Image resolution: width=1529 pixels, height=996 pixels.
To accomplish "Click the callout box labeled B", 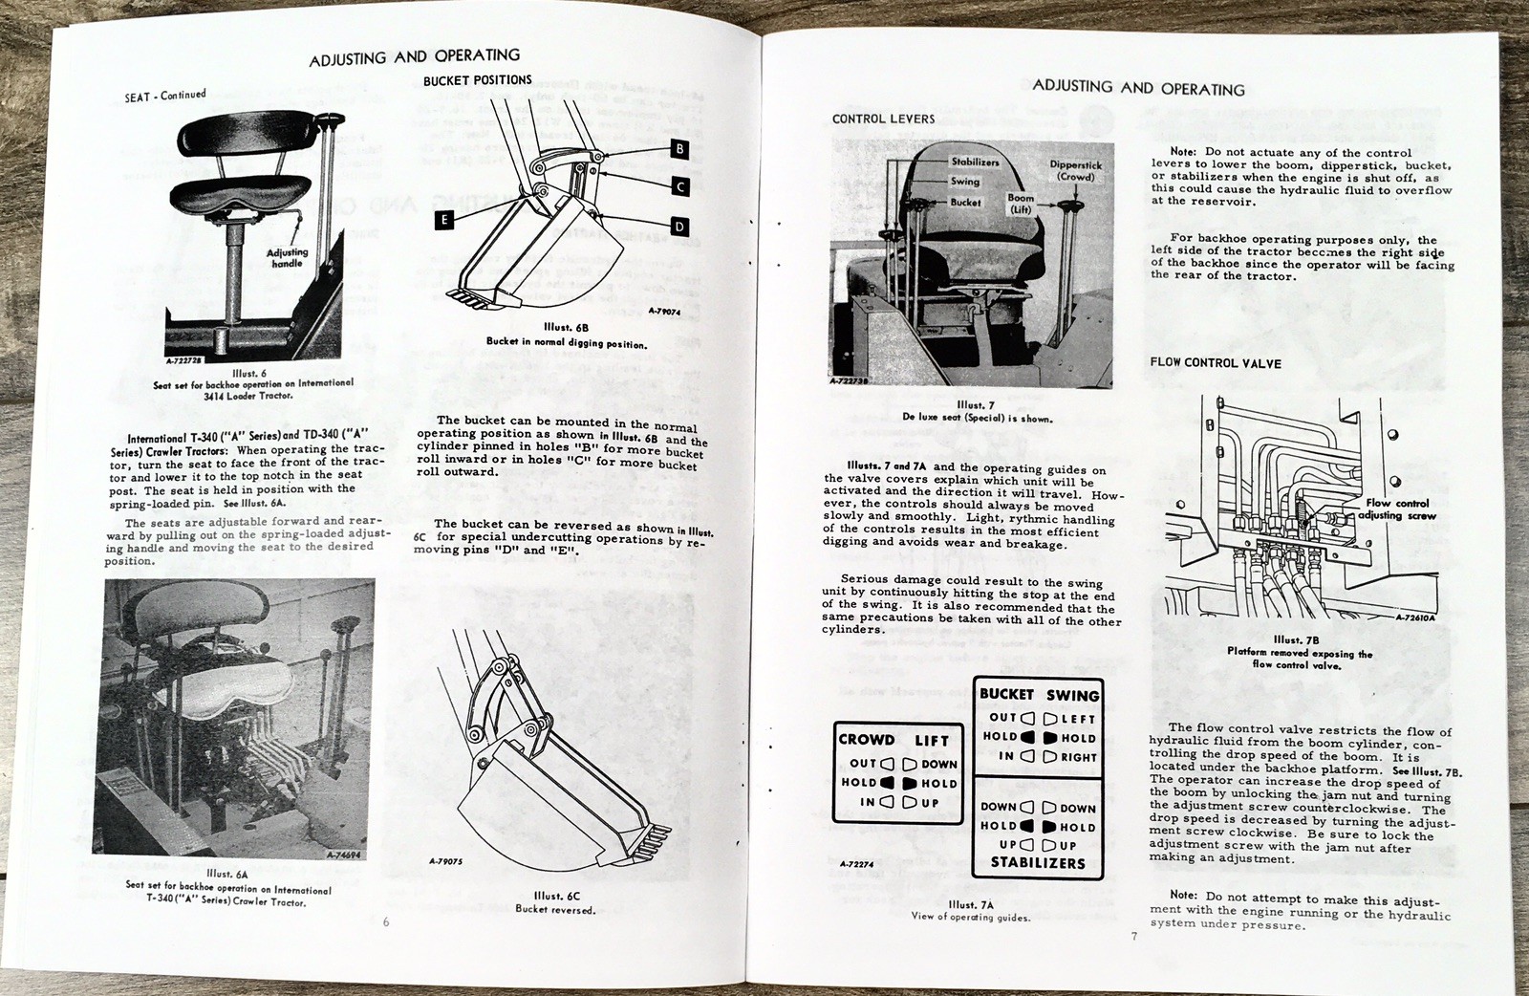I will [679, 148].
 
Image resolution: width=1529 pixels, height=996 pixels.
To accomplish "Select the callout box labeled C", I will [679, 186].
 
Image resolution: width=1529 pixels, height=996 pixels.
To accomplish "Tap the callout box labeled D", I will [679, 227].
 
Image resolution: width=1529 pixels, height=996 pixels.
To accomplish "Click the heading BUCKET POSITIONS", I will [478, 80].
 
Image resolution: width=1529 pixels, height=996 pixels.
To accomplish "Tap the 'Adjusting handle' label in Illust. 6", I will [287, 257].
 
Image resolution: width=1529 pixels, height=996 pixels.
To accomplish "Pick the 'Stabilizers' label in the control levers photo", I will [974, 162].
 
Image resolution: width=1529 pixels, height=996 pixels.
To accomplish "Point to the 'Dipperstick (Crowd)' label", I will [1075, 171].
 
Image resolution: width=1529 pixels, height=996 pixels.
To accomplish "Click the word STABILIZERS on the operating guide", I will [1038, 863].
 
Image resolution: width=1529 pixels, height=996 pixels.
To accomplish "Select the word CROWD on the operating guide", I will [866, 740].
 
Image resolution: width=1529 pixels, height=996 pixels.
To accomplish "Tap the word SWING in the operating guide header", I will [1072, 695].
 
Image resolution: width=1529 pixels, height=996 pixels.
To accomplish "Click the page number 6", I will [386, 922].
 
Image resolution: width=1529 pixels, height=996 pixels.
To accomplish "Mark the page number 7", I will [1134, 937].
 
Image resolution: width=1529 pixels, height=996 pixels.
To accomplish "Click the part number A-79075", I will [446, 860].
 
